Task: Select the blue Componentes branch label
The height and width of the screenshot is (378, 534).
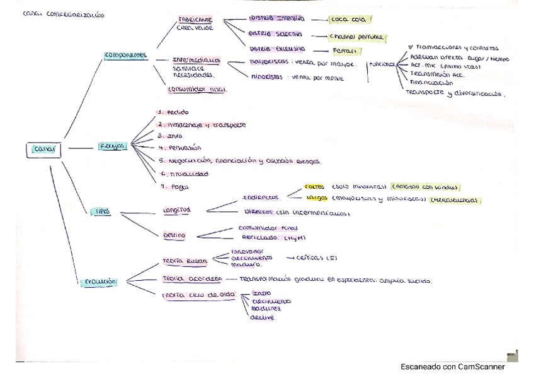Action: pyautogui.click(x=125, y=55)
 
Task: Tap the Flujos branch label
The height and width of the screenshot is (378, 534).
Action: pyautogui.click(x=113, y=146)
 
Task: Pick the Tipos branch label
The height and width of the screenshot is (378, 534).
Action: pyautogui.click(x=103, y=213)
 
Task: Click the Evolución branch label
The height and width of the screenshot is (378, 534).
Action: pyautogui.click(x=99, y=281)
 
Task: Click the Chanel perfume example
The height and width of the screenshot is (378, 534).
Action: pyautogui.click(x=357, y=37)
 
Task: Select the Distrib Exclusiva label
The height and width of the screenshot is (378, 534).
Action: pyautogui.click(x=277, y=48)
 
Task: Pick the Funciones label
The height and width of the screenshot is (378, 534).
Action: pyautogui.click(x=382, y=64)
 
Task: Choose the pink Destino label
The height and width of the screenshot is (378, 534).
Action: pyautogui.click(x=174, y=235)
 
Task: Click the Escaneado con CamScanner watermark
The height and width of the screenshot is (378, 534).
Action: pyautogui.click(x=452, y=367)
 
